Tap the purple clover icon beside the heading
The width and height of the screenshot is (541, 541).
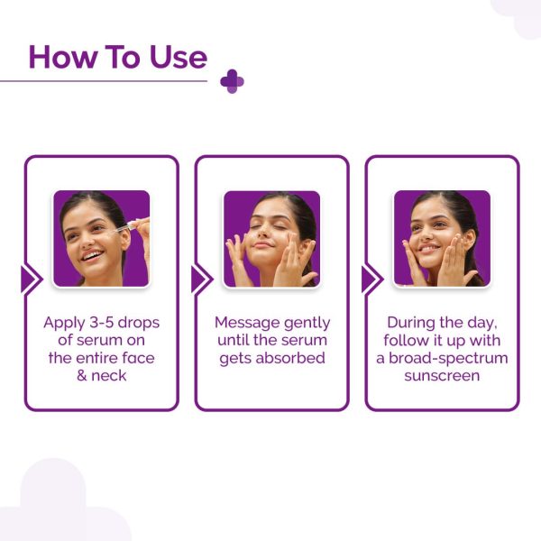(x=232, y=81)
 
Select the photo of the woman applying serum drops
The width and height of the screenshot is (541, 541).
(x=101, y=238)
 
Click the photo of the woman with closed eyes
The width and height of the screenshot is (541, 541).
(x=271, y=238)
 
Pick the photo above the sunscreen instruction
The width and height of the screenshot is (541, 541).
(x=442, y=238)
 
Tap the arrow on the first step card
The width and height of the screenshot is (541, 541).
(x=31, y=280)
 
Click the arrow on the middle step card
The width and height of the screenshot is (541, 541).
(x=201, y=280)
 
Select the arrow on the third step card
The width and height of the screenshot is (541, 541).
(x=371, y=280)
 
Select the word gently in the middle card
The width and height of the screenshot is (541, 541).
(x=305, y=323)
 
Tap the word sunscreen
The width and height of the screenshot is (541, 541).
(x=442, y=375)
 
